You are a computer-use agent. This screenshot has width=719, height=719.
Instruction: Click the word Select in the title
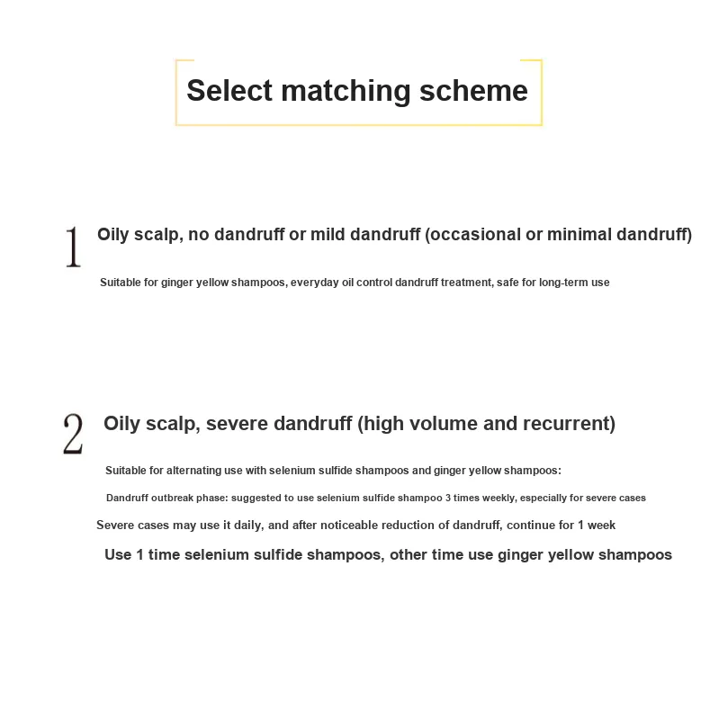pyautogui.click(x=229, y=91)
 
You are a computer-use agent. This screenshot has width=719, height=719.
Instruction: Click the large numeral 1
pyautogui.click(x=72, y=246)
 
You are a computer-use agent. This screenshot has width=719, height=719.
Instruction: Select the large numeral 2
pyautogui.click(x=72, y=434)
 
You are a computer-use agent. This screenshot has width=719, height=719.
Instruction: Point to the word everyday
pyautogui.click(x=315, y=283)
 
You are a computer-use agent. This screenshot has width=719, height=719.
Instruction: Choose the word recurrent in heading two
pyautogui.click(x=570, y=424)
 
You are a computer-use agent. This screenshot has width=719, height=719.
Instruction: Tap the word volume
pyautogui.click(x=443, y=424)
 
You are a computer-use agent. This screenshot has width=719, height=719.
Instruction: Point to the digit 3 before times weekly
pyautogui.click(x=448, y=498)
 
